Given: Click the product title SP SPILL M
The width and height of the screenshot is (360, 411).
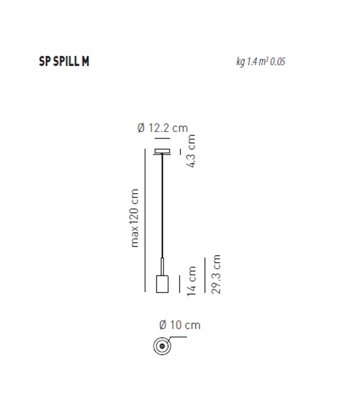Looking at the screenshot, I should point(64,61).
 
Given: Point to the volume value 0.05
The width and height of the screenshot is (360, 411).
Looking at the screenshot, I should point(278,62).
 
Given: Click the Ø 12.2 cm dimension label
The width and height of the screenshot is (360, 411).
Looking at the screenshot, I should point(163,128).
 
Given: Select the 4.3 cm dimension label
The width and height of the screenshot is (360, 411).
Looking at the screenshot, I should point(191,151).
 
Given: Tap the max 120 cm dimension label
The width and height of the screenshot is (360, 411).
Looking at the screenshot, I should point(135,218).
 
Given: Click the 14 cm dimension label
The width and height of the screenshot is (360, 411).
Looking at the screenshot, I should point(192,281).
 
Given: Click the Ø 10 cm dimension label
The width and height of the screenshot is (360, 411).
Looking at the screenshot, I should point(179,325).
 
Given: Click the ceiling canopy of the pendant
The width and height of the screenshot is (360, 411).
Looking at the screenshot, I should point(163,151).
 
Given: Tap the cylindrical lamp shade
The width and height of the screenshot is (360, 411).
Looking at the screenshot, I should point(163,284).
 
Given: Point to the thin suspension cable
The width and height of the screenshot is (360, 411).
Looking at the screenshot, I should point(163,206).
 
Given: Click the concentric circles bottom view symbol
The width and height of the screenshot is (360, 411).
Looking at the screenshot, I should point(162,346).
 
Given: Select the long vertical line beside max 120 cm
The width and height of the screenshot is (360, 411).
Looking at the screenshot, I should point(146,221).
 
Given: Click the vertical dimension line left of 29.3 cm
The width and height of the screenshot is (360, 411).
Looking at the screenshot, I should point(206,275).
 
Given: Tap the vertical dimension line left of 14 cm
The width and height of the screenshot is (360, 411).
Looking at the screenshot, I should point(179,284).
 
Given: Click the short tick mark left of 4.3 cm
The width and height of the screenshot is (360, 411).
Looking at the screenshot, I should point(180,152).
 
